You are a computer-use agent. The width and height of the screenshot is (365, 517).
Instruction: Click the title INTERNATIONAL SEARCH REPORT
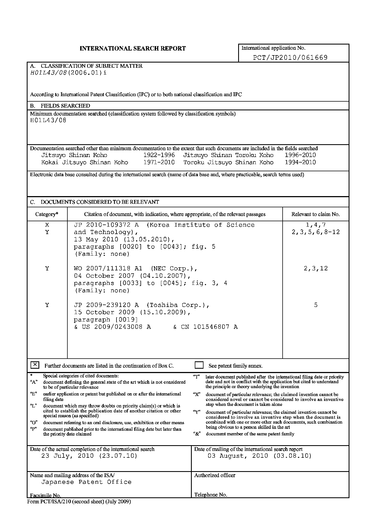[x=133, y=49]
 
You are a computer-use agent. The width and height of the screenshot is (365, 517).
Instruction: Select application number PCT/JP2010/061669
[x=290, y=57]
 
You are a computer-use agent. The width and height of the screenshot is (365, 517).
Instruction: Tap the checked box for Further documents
[x=35, y=365]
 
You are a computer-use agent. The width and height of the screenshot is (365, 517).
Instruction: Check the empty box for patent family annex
[x=199, y=365]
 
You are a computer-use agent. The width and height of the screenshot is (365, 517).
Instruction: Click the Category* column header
[x=47, y=214]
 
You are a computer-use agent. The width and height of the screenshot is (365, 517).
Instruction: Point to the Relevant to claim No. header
[x=316, y=214]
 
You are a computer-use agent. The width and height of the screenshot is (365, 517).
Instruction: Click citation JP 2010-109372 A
[x=106, y=225]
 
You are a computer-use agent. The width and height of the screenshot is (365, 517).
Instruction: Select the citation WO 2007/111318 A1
[x=108, y=268]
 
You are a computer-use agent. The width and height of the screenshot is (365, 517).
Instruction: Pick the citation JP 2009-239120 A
[x=106, y=305]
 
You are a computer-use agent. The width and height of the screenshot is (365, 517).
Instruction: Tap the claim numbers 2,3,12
[x=316, y=268]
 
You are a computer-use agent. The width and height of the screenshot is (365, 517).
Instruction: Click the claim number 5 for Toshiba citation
[x=316, y=305]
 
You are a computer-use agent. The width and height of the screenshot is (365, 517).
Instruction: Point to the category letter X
[x=47, y=225]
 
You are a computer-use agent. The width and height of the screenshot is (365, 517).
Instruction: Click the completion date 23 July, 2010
[x=89, y=456]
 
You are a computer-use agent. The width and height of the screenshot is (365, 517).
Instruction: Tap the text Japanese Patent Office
[x=86, y=482]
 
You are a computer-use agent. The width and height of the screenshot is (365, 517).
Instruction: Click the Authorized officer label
[x=215, y=475]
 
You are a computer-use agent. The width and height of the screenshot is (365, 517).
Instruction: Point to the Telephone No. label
[x=211, y=495]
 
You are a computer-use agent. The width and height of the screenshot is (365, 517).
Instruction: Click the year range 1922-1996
[x=159, y=155]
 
